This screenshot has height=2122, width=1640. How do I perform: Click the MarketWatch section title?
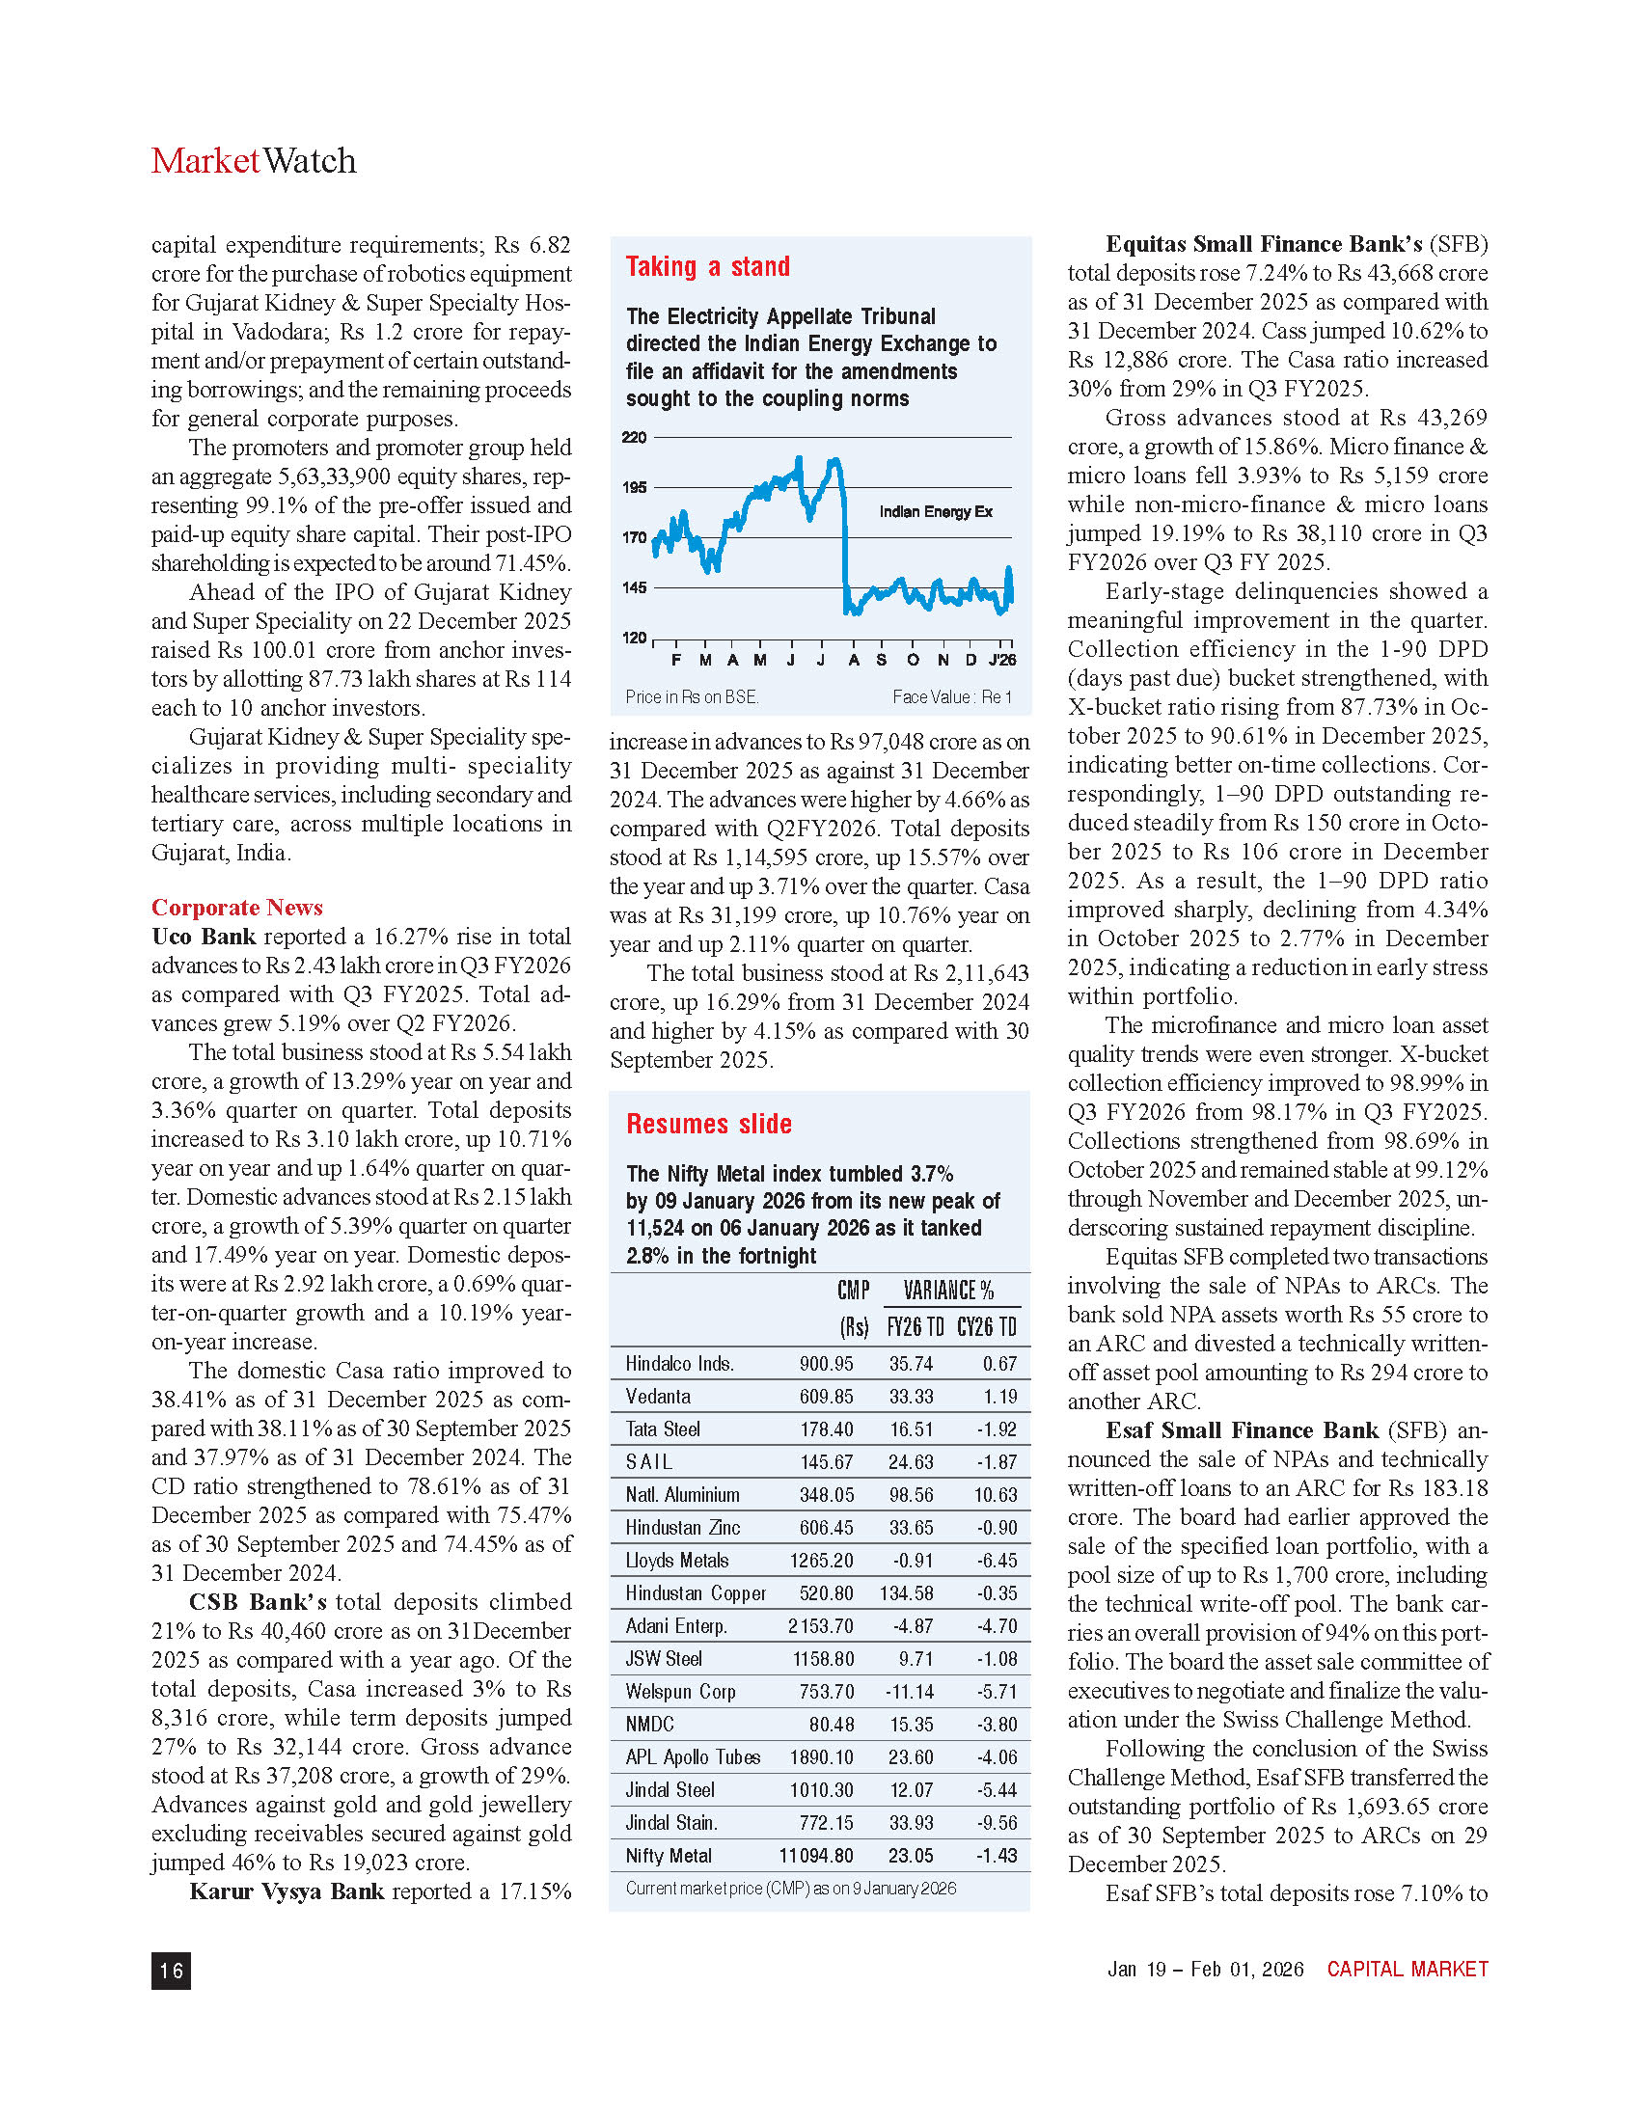click(254, 160)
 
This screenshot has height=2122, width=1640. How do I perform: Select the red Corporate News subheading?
click(236, 907)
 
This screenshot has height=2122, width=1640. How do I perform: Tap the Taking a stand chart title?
click(707, 266)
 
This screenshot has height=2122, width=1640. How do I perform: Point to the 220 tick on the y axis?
click(634, 437)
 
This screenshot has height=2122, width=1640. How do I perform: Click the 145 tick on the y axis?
click(634, 586)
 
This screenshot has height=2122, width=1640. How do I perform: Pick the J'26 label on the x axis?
click(1001, 661)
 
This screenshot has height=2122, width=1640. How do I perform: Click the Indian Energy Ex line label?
click(936, 512)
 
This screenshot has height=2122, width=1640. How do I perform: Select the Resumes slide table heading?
click(708, 1123)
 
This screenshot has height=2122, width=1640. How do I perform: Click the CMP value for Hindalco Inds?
click(826, 1363)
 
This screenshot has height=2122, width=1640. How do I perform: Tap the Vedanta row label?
click(658, 1397)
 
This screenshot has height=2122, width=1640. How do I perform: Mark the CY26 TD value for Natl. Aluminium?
click(996, 1494)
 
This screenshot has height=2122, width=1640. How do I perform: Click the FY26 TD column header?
click(915, 1326)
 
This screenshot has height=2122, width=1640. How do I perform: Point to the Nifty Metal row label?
click(669, 1855)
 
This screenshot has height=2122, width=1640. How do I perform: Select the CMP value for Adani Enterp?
click(821, 1625)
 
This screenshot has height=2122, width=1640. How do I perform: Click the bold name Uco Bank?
click(203, 936)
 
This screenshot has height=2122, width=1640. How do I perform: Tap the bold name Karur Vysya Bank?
click(287, 1891)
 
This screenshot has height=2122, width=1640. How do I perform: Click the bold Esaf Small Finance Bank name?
click(1242, 1429)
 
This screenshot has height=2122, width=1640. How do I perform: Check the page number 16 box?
click(171, 1970)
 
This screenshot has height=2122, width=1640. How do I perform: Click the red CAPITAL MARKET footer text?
click(1407, 1969)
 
